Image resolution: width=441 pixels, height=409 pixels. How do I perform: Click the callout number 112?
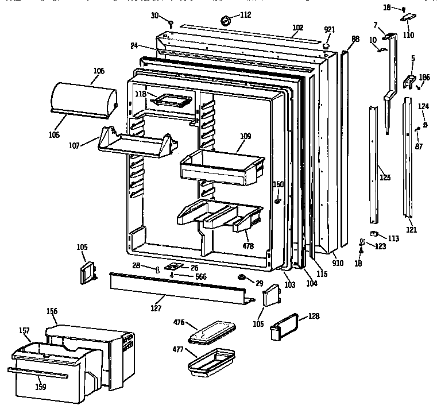pos(245,15)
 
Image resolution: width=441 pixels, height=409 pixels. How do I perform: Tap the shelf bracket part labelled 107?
pos(135,143)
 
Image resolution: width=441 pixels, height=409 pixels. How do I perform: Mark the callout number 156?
pos(52,311)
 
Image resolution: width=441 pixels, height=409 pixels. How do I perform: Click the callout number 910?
pos(338,264)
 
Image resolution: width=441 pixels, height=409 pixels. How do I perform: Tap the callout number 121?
pos(411,230)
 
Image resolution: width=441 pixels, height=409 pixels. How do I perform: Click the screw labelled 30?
pos(171,22)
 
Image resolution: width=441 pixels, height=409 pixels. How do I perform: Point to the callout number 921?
pos(329,30)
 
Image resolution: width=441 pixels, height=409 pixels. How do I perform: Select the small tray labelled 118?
pos(171,100)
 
